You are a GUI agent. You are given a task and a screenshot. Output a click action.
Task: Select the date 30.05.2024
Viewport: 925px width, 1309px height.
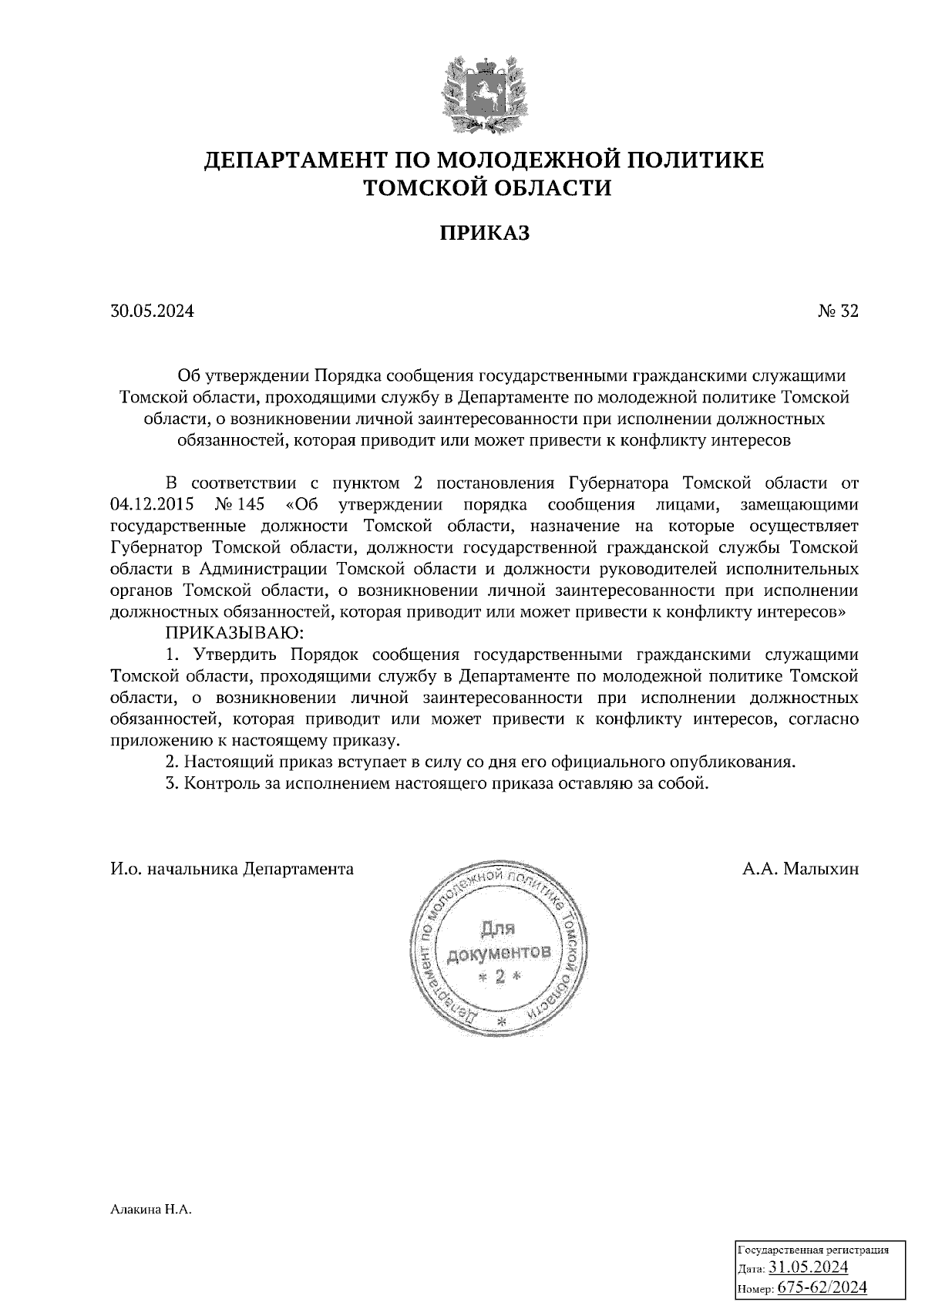[152, 311]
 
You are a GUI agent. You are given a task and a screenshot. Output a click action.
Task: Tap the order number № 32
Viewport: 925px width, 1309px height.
[837, 311]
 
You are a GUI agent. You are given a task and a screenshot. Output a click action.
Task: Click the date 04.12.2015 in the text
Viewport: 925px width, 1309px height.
[153, 505]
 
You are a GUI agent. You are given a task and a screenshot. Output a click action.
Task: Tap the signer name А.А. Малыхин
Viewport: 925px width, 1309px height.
[800, 869]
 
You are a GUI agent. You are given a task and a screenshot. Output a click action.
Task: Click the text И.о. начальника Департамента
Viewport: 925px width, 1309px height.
[232, 869]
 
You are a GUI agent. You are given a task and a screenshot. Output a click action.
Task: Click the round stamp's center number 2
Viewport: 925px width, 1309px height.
[499, 978]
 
